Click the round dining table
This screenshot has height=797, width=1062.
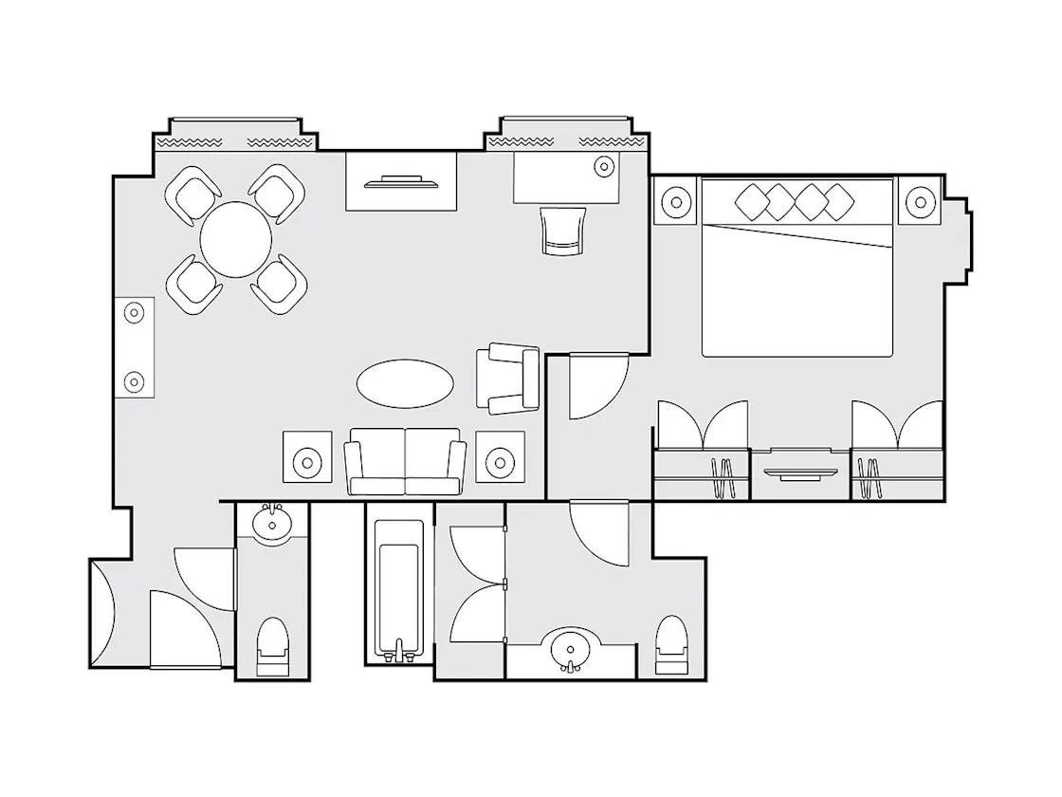(x=238, y=239)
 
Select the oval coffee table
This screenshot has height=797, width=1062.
(x=405, y=383)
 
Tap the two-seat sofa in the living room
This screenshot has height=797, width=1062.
(x=405, y=462)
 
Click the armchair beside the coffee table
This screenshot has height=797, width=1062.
(x=509, y=380)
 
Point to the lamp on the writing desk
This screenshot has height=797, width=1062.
(x=603, y=167)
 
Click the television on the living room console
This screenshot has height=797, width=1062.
(x=401, y=180)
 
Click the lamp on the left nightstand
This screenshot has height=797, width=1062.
(x=675, y=201)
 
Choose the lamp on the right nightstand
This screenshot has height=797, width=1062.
(x=918, y=201)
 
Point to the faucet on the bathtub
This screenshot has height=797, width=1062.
(x=399, y=651)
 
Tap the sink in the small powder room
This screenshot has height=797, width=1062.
(x=273, y=523)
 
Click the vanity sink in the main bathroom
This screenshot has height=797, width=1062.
(x=571, y=650)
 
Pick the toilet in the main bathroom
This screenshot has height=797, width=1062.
(x=671, y=644)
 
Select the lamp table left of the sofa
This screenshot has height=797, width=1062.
(x=308, y=462)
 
